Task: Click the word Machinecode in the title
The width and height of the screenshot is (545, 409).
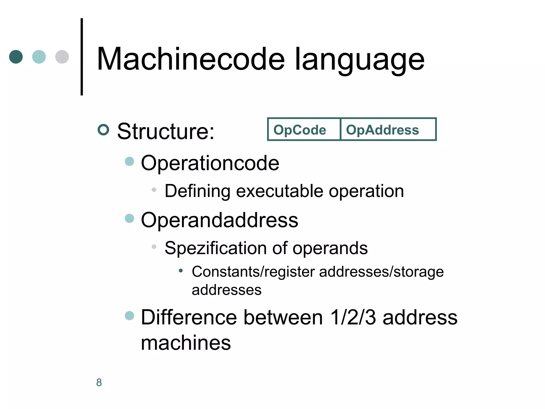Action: click(x=191, y=59)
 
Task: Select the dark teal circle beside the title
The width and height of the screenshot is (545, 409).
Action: click(x=16, y=57)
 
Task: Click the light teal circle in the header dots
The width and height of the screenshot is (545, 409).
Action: click(x=39, y=57)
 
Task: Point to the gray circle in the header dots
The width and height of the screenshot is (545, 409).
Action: click(x=62, y=57)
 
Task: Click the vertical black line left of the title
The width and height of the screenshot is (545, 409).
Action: click(x=82, y=57)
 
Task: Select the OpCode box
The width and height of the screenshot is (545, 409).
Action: click(x=304, y=129)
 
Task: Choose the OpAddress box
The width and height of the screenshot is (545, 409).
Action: click(x=388, y=129)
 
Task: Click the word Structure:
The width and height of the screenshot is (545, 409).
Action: click(x=166, y=131)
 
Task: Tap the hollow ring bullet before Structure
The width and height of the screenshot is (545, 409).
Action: click(x=103, y=130)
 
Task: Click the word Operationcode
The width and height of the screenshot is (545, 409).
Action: click(x=210, y=163)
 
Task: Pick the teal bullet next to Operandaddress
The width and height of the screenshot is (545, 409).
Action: click(x=129, y=218)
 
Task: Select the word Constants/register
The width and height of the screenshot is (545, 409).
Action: click(x=254, y=272)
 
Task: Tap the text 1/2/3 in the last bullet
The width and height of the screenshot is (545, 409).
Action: click(x=353, y=317)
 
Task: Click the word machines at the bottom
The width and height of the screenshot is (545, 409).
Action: click(x=186, y=343)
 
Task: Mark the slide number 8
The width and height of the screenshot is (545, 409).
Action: click(x=99, y=382)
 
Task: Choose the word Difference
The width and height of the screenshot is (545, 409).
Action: click(x=189, y=317)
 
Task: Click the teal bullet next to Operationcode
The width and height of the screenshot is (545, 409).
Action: click(x=129, y=161)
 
